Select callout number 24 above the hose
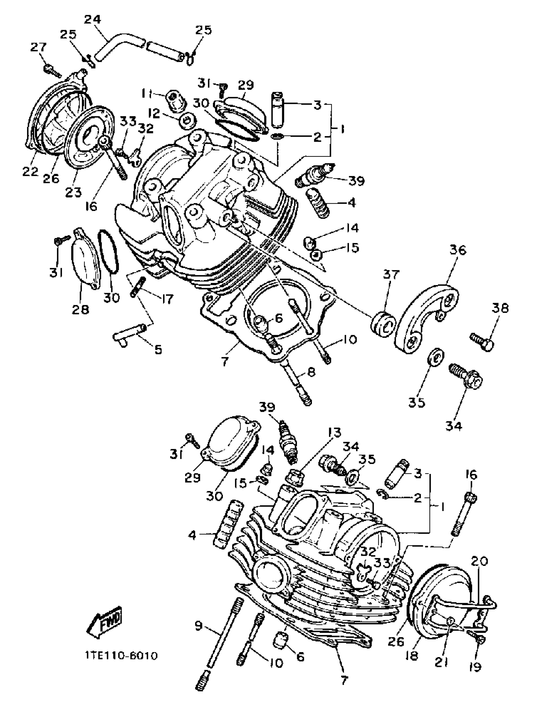coord(92,19)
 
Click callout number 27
coord(39,48)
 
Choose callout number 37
coord(391,274)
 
